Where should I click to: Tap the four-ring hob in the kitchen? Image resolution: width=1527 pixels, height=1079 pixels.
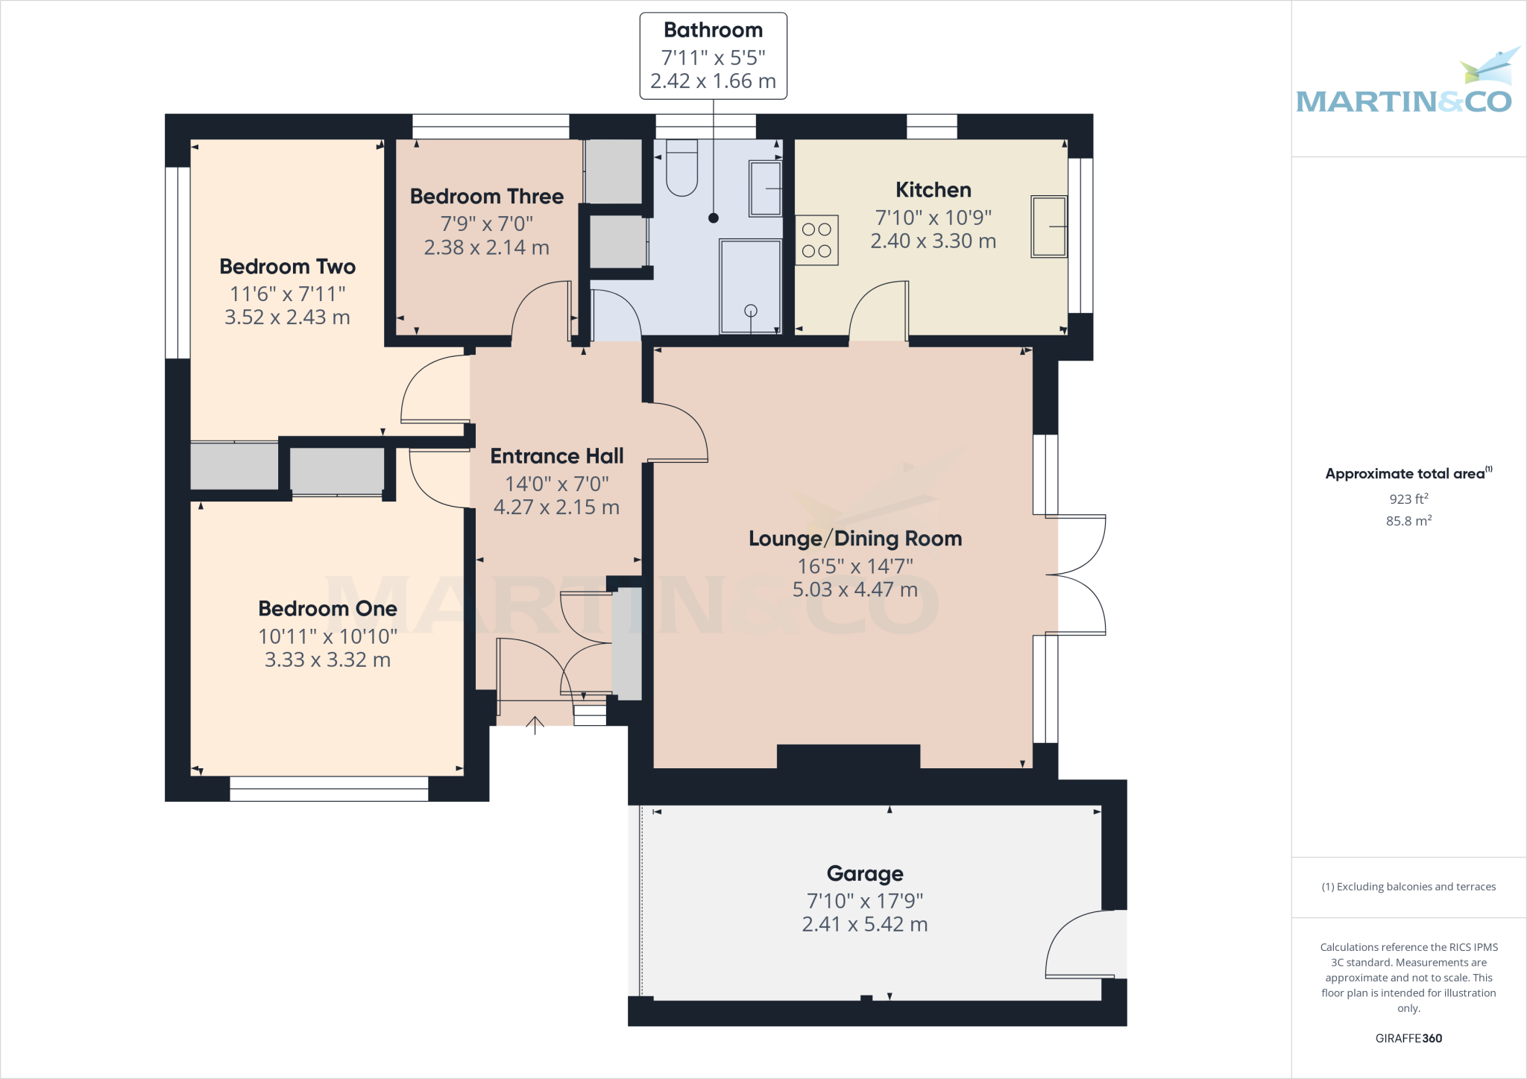click(816, 240)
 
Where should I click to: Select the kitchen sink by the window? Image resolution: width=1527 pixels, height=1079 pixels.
click(1048, 227)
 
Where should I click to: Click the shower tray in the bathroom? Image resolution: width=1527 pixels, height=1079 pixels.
click(750, 286)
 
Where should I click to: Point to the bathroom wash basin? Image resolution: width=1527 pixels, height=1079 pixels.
click(765, 189)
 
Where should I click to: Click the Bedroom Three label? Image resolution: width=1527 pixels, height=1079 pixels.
click(486, 197)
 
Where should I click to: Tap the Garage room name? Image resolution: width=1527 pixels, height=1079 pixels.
click(864, 873)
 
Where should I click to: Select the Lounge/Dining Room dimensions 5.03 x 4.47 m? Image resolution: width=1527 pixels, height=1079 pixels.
click(854, 589)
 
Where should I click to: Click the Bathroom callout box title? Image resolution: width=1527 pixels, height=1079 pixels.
click(713, 31)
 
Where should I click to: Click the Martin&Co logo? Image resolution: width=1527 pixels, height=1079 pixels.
click(1404, 86)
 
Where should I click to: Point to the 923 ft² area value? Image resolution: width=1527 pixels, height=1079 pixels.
click(1408, 499)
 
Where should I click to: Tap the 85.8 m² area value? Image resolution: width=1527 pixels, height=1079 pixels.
click(1408, 521)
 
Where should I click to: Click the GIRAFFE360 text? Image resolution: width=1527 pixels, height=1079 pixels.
click(1408, 1038)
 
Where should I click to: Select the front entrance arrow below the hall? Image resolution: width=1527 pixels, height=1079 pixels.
click(535, 724)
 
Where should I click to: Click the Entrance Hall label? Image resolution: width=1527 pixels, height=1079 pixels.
click(556, 456)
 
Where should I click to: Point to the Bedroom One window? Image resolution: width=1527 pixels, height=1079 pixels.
click(329, 788)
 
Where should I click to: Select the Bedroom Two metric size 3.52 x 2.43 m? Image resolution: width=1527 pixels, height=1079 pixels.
click(287, 317)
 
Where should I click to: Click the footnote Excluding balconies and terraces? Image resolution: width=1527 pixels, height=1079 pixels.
click(1408, 887)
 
